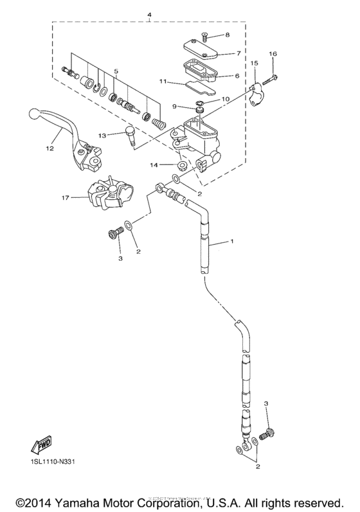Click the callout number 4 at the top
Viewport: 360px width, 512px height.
(x=149, y=13)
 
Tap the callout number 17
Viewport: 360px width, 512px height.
(x=66, y=198)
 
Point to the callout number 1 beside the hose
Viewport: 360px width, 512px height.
(x=232, y=242)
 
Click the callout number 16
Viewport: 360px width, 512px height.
(x=273, y=55)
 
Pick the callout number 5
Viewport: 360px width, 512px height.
(x=116, y=72)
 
